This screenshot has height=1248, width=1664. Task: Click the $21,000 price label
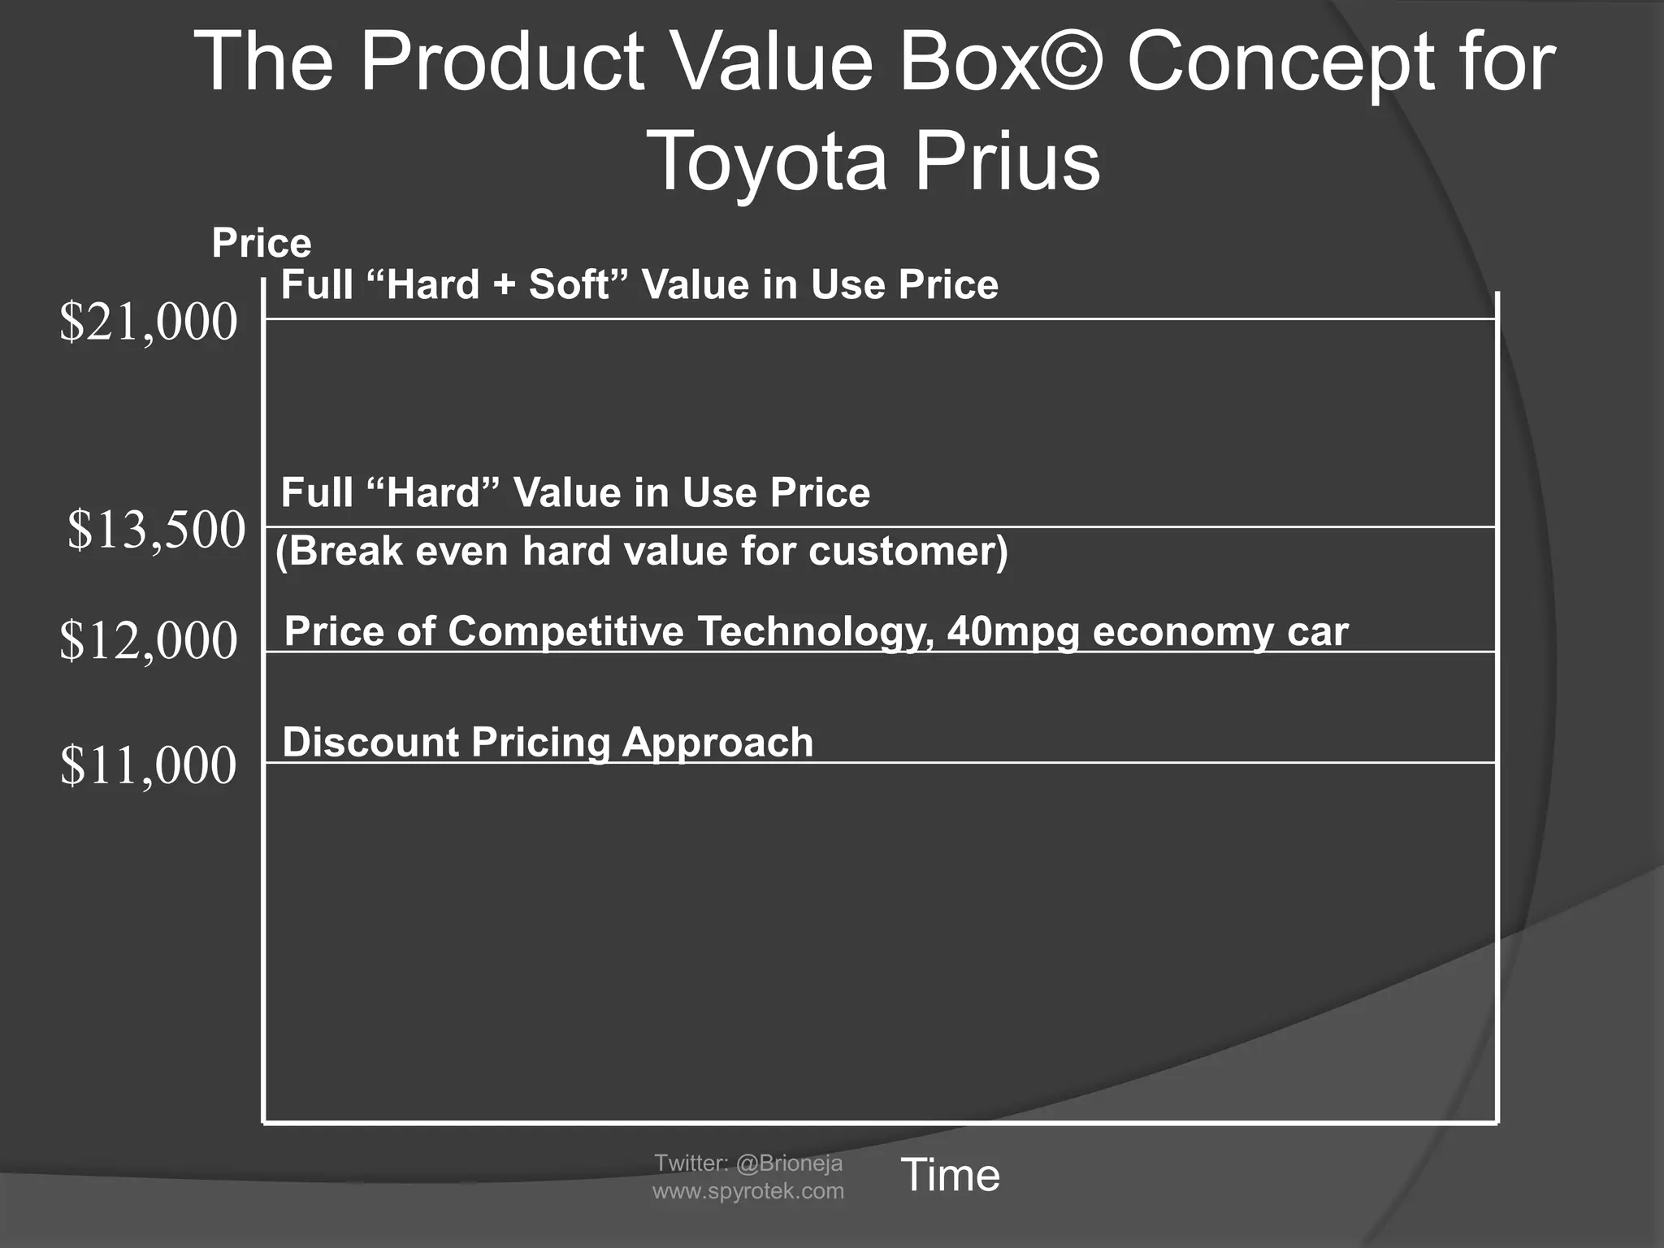[x=149, y=323]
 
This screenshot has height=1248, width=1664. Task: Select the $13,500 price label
[x=156, y=530]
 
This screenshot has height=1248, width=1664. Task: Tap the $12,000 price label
[x=149, y=640]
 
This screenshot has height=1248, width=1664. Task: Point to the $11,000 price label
[x=149, y=765]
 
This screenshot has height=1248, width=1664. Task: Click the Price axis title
[x=261, y=243]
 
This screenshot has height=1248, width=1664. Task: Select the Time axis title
[x=950, y=1175]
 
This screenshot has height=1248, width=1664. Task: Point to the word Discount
[x=370, y=743]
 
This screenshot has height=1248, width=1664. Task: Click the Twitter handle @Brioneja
[x=789, y=1163]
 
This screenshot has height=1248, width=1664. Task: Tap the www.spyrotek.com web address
[x=748, y=1191]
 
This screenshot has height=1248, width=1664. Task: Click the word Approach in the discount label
[x=717, y=743]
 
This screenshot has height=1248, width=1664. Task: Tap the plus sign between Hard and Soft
[x=505, y=285]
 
